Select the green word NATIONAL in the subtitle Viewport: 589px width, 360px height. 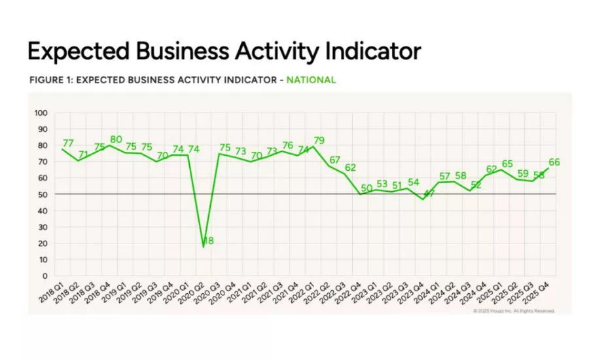point(311,80)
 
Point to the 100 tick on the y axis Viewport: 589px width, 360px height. point(41,113)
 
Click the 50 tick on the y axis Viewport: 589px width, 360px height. point(43,194)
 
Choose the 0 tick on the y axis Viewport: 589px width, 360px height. point(45,276)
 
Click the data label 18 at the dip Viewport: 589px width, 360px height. point(208,242)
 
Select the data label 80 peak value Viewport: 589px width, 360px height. point(116,139)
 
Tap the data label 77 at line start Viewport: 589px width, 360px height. point(68,143)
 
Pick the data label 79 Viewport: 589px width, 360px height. point(319,140)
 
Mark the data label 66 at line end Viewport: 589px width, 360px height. point(554,162)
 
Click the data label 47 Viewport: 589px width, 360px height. point(429,194)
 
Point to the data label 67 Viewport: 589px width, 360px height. point(335,160)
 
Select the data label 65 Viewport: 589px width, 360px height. point(507,164)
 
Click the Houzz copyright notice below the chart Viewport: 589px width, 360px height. point(514,311)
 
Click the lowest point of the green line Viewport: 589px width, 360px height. point(204,247)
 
